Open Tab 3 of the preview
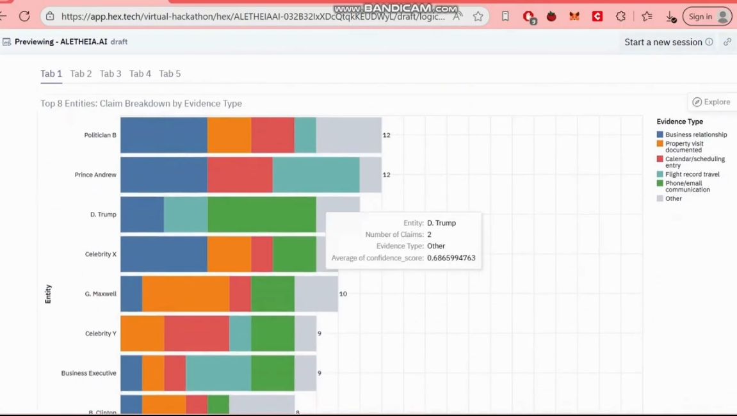coord(110,74)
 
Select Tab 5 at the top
coord(170,74)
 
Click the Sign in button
coord(707,17)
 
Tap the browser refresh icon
coord(24,17)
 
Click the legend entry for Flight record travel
coord(692,174)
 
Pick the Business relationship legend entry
coord(695,134)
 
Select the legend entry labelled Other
coord(673,198)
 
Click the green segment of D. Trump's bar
coord(261,214)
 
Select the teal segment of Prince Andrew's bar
coord(316,175)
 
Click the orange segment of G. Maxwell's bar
coord(185,294)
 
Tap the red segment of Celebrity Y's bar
coord(196,333)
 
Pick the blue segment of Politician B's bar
coord(163,135)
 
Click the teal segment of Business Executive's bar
coord(218,373)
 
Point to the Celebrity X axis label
coord(101,254)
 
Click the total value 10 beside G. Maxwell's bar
coord(343,294)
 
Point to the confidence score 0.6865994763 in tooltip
coord(451,258)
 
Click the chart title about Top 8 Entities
coord(141,103)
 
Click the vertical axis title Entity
coord(48,294)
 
